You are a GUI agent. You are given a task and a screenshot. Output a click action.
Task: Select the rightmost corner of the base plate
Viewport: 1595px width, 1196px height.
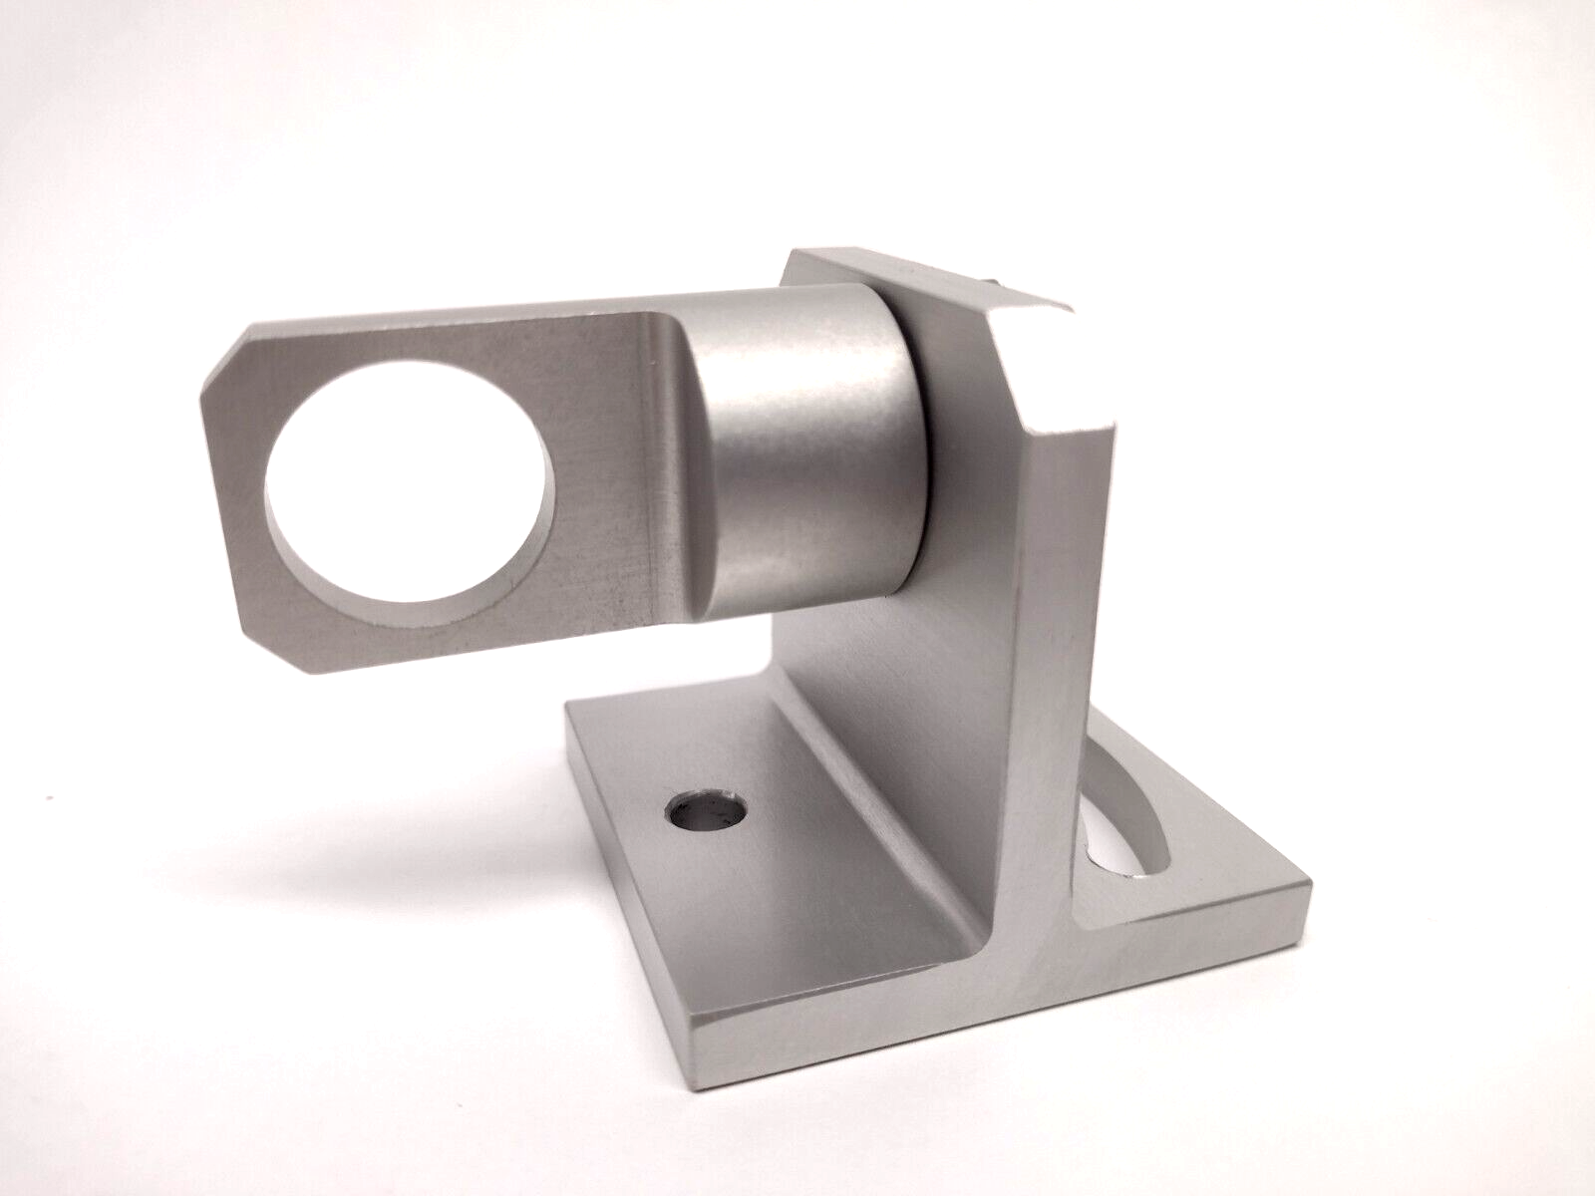pos(1306,882)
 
